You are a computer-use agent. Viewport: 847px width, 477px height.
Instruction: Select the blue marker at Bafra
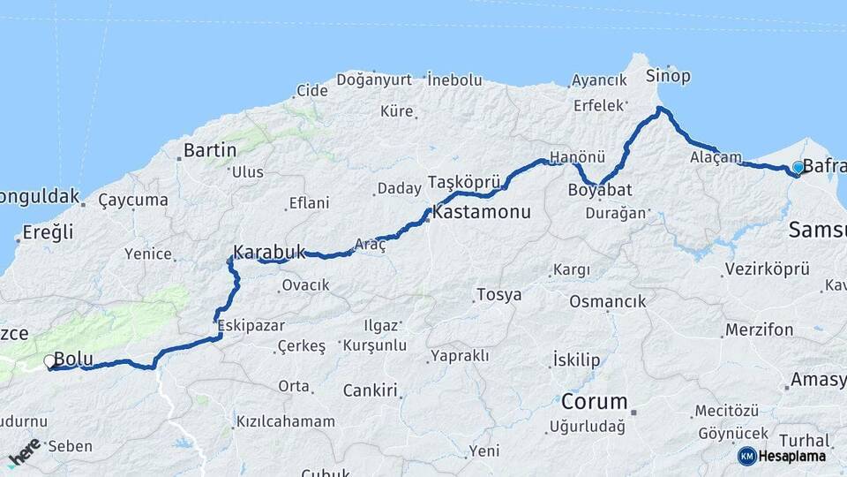pos(798,167)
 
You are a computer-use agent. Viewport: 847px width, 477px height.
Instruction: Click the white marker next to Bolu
pos(50,360)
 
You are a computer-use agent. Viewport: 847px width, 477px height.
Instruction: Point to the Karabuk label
pos(269,251)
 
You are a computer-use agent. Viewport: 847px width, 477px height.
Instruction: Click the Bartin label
pos(210,150)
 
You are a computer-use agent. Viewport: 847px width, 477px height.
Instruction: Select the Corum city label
pos(594,402)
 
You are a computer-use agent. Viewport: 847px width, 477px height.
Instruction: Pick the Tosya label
pos(498,294)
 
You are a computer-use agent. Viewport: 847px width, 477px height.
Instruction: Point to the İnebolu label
pos(454,79)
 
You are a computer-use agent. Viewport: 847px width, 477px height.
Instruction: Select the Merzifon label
pos(759,329)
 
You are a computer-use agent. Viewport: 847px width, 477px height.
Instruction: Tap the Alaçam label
pos(716,156)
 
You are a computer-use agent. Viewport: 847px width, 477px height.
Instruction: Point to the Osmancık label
pos(607,301)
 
